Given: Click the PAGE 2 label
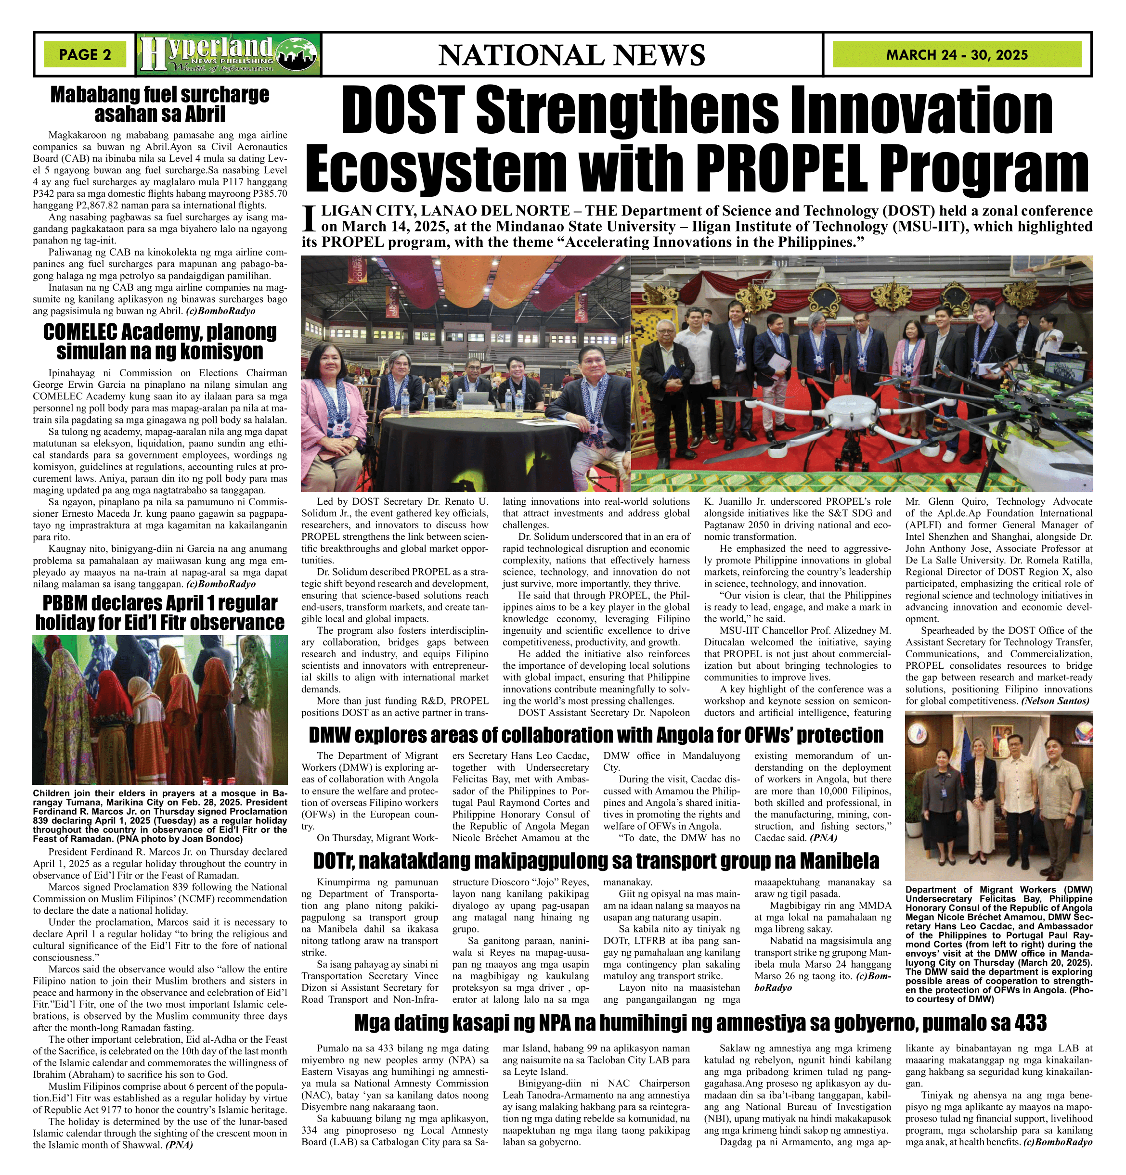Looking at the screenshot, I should click(x=85, y=54).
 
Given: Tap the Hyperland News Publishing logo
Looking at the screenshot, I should click(x=229, y=54).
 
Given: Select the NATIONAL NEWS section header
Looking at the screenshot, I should click(x=571, y=55).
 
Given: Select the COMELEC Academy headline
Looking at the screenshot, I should click(x=159, y=341).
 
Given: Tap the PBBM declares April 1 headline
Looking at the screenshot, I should click(x=159, y=612).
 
